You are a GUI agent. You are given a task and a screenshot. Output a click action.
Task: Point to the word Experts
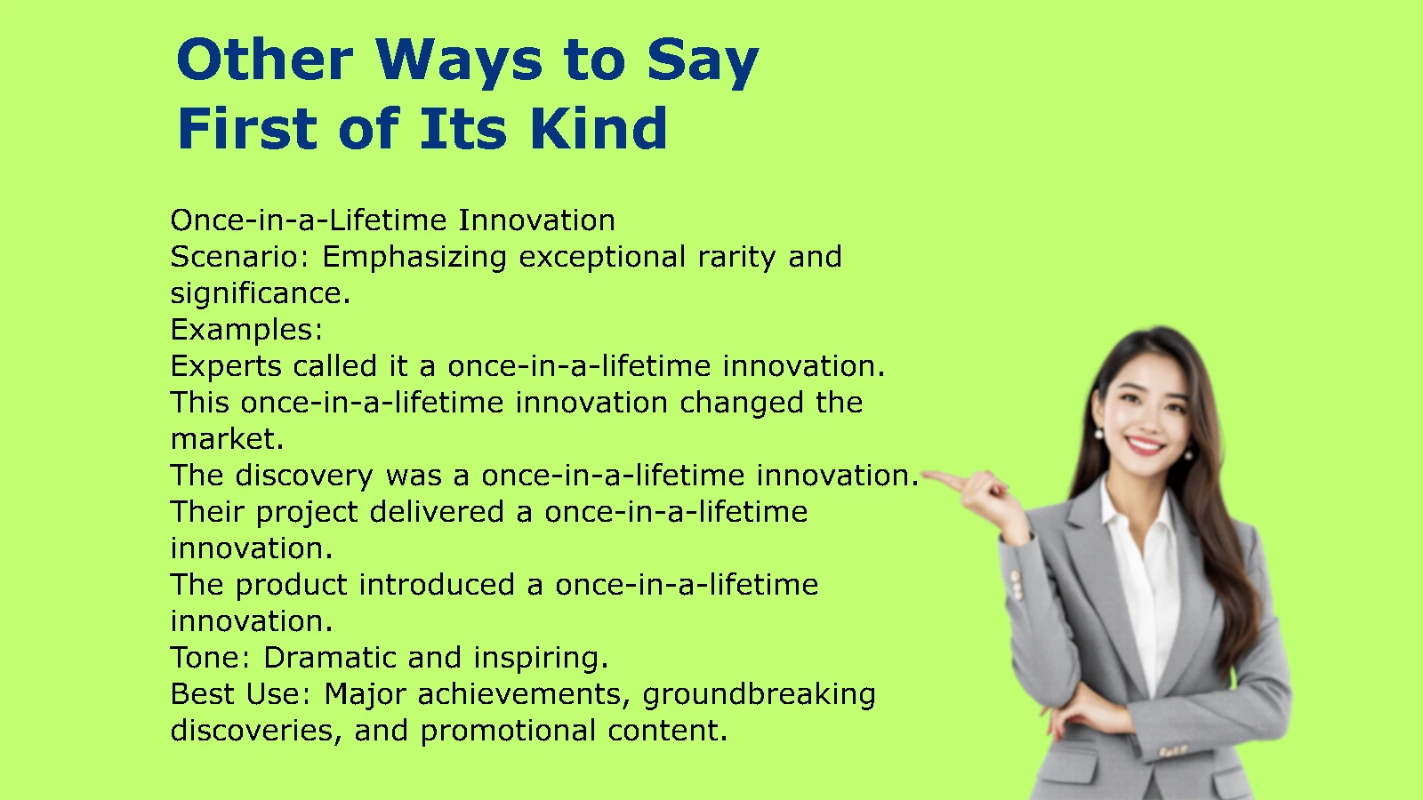(x=226, y=367)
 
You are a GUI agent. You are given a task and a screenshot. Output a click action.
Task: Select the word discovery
(x=304, y=476)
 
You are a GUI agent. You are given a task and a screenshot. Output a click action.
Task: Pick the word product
(x=292, y=586)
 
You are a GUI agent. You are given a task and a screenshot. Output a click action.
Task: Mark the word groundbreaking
(x=760, y=695)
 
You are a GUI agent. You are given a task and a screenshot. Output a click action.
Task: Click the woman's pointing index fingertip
(x=924, y=474)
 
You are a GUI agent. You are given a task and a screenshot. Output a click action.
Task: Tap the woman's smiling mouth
(x=1143, y=444)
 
